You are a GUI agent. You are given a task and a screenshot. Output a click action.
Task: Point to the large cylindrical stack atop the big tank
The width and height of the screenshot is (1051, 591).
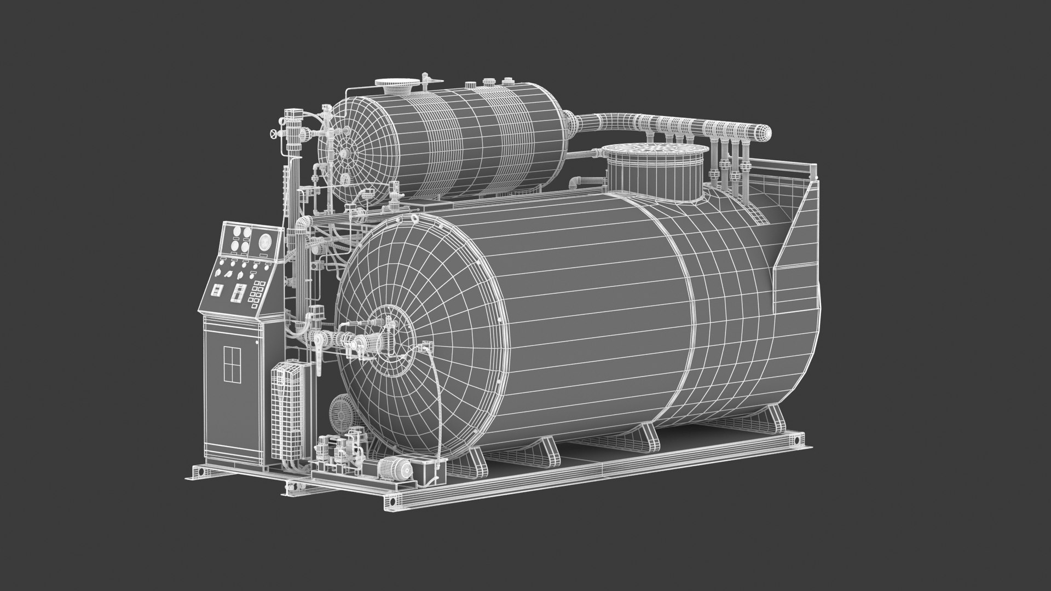(655, 169)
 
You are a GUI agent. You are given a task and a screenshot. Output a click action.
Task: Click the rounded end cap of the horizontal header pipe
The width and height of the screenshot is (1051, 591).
(765, 131)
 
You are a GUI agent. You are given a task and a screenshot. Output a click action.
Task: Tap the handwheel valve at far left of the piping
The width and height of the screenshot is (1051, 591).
(273, 135)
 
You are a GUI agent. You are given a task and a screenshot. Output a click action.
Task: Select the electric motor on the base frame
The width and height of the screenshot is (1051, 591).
(396, 470)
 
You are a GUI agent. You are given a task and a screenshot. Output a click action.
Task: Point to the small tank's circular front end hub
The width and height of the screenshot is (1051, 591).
(344, 155)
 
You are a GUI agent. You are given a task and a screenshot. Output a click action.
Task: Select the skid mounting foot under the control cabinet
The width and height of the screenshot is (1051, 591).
(202, 472)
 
